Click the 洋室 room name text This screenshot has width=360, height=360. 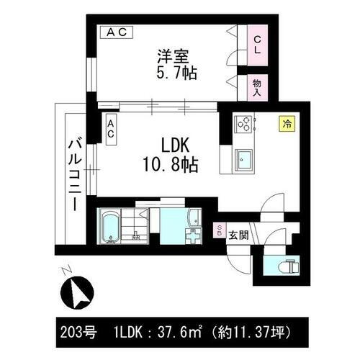pyautogui.click(x=174, y=55)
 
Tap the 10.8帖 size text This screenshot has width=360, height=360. pyautogui.click(x=170, y=166)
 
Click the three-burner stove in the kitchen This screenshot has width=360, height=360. pyautogui.click(x=243, y=124)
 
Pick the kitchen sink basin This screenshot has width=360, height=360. pyautogui.click(x=243, y=158)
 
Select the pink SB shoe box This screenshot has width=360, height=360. pyautogui.click(x=220, y=231)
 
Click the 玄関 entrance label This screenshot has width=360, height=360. pyautogui.click(x=239, y=235)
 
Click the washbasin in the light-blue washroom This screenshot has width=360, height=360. pyautogui.click(x=192, y=234)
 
